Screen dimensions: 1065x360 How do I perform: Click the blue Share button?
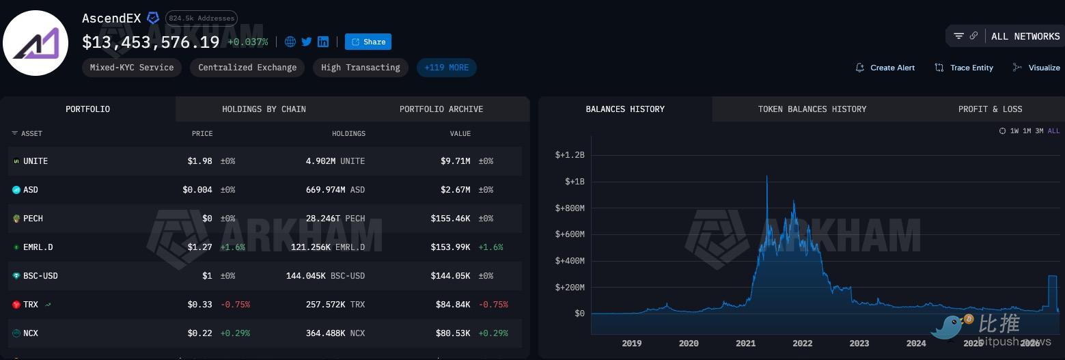pos(368,42)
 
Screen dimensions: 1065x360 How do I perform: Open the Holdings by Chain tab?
pos(264,109)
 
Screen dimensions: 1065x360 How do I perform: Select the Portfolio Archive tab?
pos(441,109)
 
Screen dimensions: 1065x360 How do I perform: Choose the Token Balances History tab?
pos(812,109)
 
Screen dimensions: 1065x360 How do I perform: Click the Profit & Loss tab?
pos(990,109)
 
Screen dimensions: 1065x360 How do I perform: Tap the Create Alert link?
pos(885,68)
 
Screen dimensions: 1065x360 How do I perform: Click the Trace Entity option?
pos(964,68)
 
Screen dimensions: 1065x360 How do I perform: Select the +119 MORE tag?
pos(447,68)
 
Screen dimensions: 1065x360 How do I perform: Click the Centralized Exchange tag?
pos(247,68)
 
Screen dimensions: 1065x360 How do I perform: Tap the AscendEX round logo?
pos(36,43)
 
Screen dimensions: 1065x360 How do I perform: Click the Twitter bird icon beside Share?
pos(307,42)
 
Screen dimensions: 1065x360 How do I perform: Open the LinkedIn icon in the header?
pos(323,42)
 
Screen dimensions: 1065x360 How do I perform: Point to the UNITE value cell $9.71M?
pos(456,161)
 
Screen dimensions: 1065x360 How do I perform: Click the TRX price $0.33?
pos(199,305)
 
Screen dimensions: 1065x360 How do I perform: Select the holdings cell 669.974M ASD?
pos(335,190)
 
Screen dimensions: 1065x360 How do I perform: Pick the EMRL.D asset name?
pos(38,247)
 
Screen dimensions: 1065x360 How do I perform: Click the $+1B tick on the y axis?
pos(575,182)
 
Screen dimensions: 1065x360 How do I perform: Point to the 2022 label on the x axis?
pos(803,344)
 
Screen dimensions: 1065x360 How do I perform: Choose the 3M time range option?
pos(1039,130)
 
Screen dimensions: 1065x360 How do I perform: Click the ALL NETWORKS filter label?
pos(1025,36)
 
